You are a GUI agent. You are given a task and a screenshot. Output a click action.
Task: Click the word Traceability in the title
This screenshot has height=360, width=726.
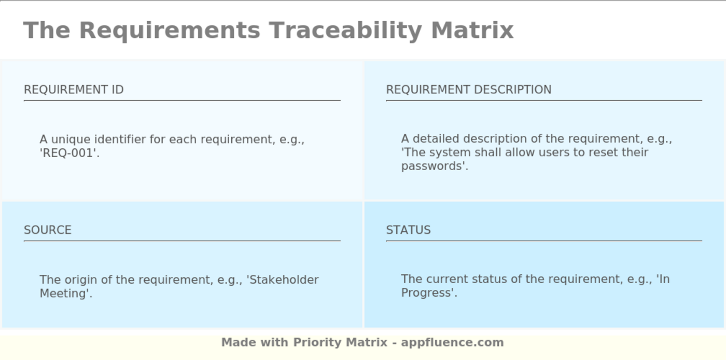[x=345, y=30]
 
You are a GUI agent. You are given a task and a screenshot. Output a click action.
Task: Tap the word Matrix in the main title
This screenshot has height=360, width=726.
[x=472, y=30]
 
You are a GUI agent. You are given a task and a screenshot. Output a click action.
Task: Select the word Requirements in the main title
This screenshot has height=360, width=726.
[x=170, y=30]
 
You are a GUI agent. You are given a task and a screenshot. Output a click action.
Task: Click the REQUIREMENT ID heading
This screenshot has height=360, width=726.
[x=74, y=90]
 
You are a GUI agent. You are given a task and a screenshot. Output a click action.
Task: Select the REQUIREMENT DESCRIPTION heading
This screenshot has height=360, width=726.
[x=468, y=90]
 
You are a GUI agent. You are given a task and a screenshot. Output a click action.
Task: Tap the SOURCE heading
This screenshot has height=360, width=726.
[x=48, y=230]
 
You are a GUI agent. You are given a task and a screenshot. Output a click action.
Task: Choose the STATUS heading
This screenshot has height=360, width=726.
[x=408, y=230]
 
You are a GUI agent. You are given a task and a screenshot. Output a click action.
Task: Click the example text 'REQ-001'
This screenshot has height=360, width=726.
[x=69, y=154]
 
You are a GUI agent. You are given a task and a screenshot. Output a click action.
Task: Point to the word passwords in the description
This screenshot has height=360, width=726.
[x=434, y=167]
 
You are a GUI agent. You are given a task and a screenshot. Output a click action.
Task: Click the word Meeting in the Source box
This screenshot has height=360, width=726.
[x=64, y=294]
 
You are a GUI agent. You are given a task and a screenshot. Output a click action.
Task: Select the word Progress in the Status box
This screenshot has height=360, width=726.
[x=428, y=293]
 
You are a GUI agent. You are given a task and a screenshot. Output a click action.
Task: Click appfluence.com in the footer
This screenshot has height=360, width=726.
[x=452, y=342]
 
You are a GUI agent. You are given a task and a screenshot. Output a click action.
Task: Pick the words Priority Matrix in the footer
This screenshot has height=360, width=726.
[x=340, y=342]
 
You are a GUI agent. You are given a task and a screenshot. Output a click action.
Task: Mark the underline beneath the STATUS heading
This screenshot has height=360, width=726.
[x=543, y=241]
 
